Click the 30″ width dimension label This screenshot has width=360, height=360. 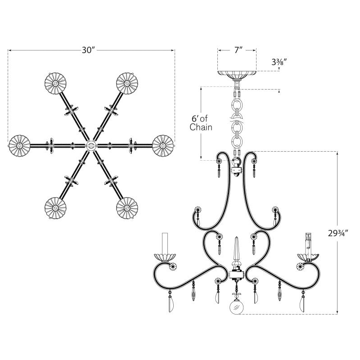88,50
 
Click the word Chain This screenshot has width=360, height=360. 201,127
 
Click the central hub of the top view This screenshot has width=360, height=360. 91,145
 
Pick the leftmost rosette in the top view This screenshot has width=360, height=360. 19,145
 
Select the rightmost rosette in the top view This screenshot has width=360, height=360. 163,145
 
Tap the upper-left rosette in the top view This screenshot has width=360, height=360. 55,83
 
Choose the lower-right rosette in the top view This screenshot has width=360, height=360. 127,208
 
